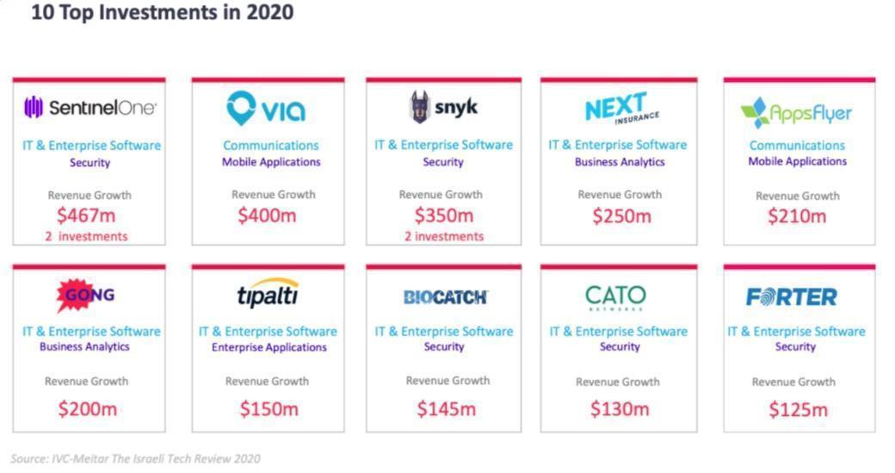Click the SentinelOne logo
coord(90,108)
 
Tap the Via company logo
coord(267,109)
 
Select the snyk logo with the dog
coord(443,108)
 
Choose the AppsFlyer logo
coord(797,113)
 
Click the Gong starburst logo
coord(84,296)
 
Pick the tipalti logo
coord(268,294)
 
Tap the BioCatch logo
coord(445,297)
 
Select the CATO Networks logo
coord(615,297)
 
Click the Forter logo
coord(792,297)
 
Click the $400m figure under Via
coord(267,215)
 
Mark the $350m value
coord(444,215)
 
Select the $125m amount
coord(798,409)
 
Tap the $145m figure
coord(446,409)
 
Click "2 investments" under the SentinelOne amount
coord(85,236)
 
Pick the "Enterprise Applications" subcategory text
coord(269,347)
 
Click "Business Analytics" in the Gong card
coord(84,346)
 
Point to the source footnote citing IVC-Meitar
coord(135,458)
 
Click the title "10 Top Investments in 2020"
coord(162,13)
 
